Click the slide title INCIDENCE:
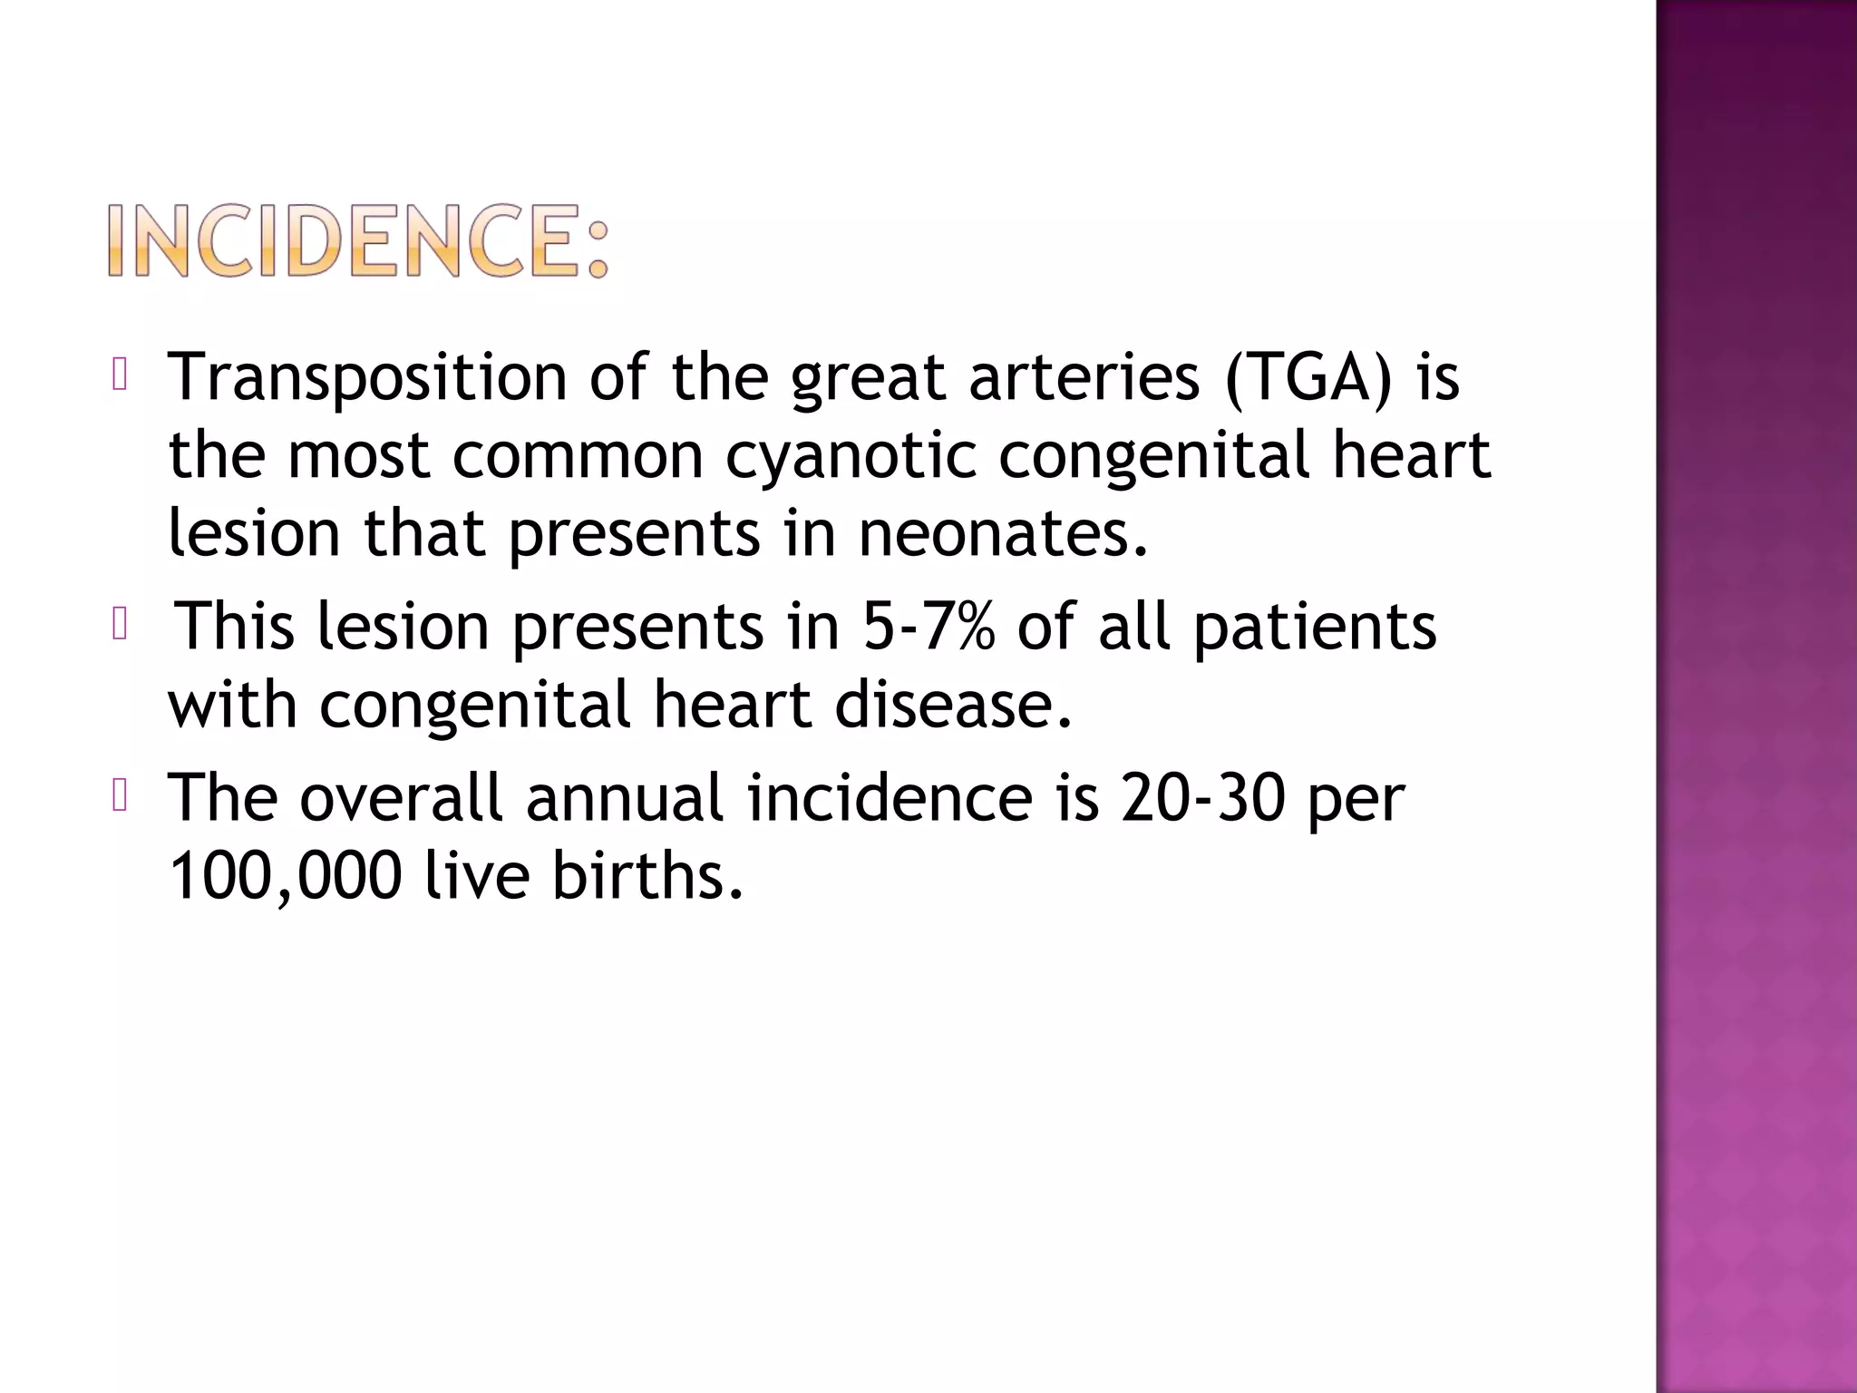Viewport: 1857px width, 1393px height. coord(359,240)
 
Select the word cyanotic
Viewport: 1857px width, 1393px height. coord(851,455)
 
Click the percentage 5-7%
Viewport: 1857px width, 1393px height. coord(928,627)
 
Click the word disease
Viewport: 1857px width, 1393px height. coord(953,705)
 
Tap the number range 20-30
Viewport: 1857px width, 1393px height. coord(1202,798)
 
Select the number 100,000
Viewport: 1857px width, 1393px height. coord(285,876)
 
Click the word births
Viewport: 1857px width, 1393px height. coord(647,876)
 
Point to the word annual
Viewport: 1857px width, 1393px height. coord(625,798)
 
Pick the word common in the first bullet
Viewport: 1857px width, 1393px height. coord(578,455)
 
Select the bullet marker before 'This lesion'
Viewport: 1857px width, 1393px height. coord(119,625)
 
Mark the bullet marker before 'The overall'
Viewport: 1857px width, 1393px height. coord(119,796)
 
